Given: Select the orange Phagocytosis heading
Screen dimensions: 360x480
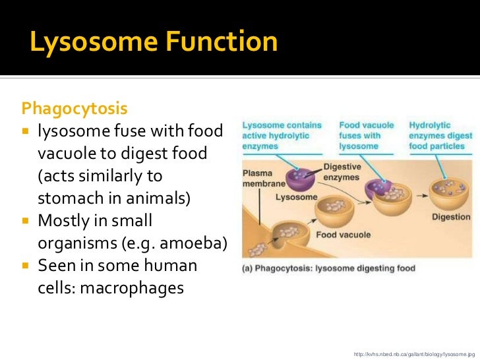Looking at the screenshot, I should [75, 107].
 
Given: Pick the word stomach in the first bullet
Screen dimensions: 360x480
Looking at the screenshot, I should [67, 198].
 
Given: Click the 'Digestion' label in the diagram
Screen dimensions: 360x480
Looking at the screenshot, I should [451, 217].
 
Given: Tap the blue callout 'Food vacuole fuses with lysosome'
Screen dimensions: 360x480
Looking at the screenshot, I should [367, 135].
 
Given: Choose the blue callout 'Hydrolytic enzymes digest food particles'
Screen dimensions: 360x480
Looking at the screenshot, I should [436, 135].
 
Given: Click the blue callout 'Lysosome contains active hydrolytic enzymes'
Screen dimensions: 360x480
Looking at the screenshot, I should [282, 135].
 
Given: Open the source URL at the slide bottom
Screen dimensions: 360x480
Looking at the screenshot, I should [414, 352].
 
